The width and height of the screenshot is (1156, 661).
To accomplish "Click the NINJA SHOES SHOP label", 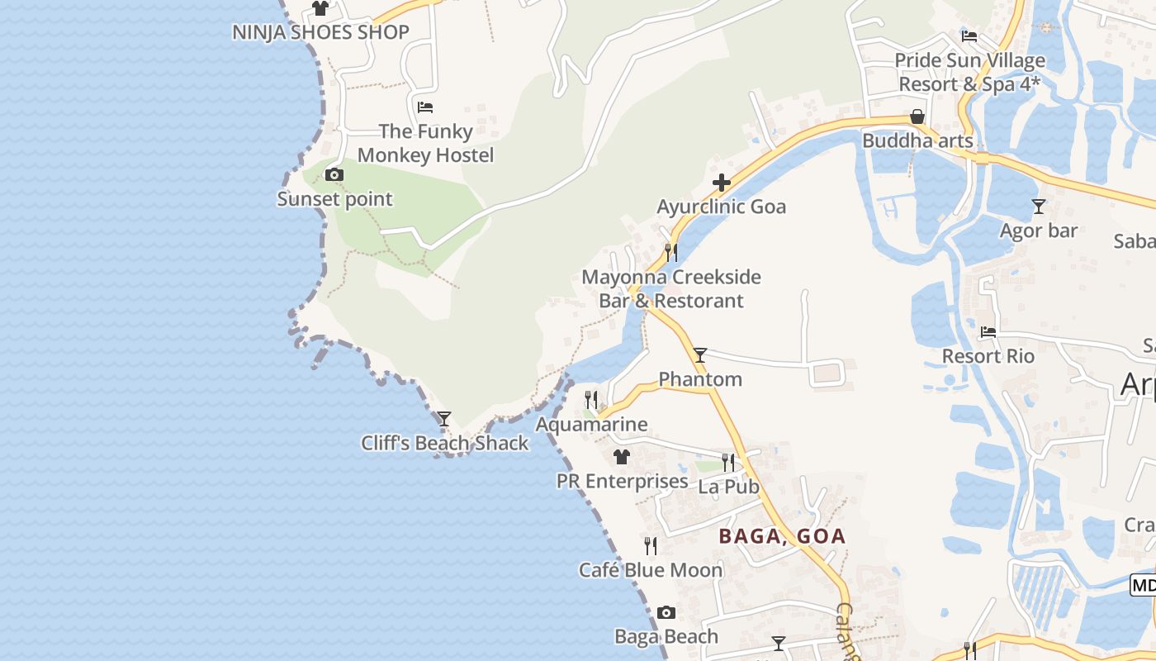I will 320,32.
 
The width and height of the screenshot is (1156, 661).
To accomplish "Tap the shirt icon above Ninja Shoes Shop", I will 320,8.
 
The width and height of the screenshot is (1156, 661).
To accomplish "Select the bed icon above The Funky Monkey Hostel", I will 425,107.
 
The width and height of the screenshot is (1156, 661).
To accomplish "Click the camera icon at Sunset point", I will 334,174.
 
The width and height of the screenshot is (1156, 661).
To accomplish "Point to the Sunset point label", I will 334,199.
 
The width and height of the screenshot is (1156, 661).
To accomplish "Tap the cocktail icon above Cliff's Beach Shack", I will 444,419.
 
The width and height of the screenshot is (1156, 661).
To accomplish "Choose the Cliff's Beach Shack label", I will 444,443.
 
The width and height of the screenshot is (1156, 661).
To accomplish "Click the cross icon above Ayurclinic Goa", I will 722,183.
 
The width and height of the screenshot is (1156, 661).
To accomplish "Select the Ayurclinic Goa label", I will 722,207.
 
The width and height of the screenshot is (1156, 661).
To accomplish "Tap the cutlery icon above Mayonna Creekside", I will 671,252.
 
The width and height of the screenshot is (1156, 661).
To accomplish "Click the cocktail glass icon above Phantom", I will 700,355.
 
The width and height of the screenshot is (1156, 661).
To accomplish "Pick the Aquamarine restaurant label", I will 591,425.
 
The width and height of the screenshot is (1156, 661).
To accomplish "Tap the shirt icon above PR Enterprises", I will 622,457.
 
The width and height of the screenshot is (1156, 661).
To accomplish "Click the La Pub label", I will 728,487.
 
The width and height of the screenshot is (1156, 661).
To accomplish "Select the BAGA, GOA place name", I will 782,536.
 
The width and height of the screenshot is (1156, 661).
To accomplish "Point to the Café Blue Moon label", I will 651,570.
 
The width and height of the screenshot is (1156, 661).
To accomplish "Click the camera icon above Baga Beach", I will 666,613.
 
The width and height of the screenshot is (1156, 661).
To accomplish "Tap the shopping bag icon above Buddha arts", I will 917,117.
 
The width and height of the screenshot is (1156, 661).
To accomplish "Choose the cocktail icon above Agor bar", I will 1039,207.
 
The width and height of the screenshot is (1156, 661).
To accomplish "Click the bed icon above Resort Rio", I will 988,332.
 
